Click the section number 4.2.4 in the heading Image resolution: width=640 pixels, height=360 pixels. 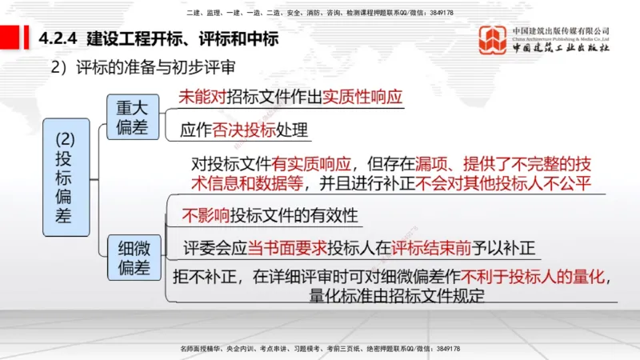pos(57,38)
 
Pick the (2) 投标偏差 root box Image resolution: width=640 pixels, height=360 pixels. pos(66,177)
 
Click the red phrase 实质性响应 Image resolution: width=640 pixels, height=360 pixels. pos(362,98)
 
